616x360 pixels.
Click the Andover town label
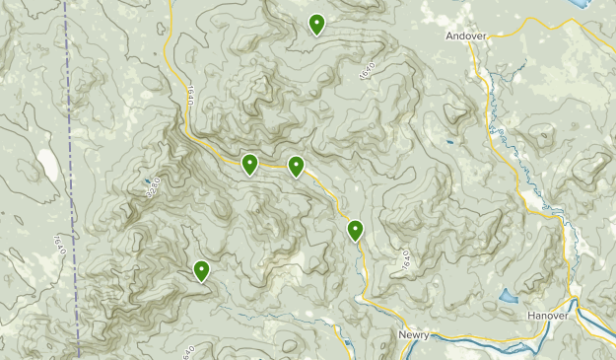point(465,36)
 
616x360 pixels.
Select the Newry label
point(415,335)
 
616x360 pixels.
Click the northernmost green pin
point(316,25)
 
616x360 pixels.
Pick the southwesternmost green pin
point(201,270)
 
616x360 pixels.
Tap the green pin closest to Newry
point(355,231)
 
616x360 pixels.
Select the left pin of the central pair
point(250,164)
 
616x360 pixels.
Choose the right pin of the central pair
point(296,167)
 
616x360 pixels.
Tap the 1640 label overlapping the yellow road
point(185,95)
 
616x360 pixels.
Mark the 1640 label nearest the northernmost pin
point(368,71)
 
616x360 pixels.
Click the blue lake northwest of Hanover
point(509,296)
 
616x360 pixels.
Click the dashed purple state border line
point(72,178)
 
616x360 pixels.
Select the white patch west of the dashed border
point(45,165)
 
